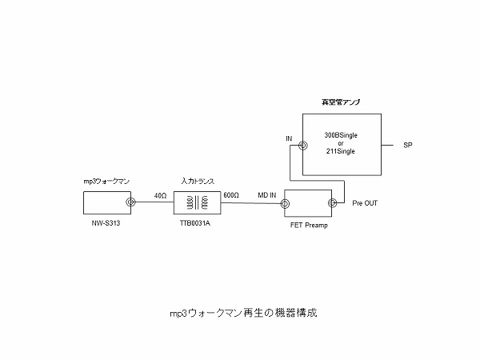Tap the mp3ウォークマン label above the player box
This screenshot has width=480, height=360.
(106, 183)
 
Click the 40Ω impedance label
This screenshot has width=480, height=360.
(160, 195)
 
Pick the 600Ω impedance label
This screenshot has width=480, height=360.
(231, 195)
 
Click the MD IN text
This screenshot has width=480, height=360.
(268, 195)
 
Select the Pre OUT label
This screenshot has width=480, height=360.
(364, 204)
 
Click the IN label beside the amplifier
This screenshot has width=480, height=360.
(289, 139)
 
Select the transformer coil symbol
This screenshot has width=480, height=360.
(196, 203)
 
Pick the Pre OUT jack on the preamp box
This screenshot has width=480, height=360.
(333, 203)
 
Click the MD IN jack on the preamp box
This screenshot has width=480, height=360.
(287, 203)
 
